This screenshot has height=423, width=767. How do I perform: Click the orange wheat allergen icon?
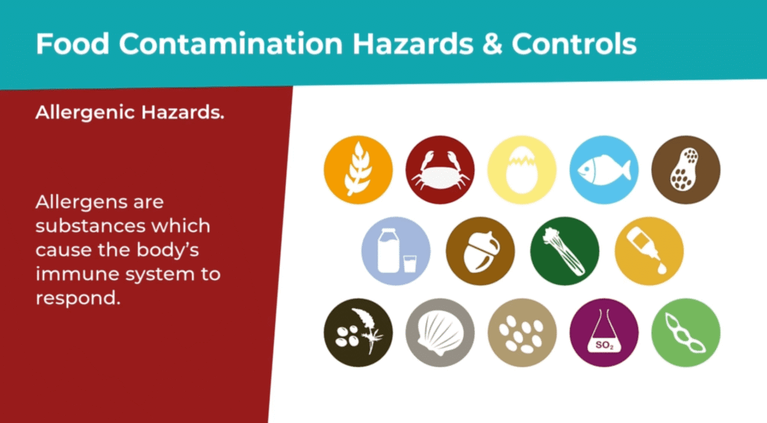pos(358,170)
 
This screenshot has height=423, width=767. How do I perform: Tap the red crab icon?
pos(440,170)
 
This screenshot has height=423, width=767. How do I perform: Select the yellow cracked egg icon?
pos(522,170)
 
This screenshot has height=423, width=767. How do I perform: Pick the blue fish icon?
pos(604,170)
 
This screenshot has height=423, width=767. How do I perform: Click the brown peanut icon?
pos(686,170)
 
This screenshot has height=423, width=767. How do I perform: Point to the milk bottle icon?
pos(396,251)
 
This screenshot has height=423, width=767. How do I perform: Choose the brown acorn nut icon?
pos(480,251)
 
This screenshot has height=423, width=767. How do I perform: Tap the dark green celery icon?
pos(565,251)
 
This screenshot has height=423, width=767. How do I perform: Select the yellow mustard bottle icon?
pos(649,251)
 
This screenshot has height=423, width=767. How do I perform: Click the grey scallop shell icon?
pos(440,333)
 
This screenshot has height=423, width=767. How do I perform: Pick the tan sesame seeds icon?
pos(522,333)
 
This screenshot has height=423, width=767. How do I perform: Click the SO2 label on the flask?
pos(604,345)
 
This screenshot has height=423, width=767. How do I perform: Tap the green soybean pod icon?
pos(686,333)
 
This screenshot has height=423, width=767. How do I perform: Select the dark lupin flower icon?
pos(358,333)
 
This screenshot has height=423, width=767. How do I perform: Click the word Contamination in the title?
pos(231,43)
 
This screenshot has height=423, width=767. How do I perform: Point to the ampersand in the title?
pos(493,43)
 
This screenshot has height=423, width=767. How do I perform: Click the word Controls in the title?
pos(575,43)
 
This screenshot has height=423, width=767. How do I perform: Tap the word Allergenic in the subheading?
pos(85,113)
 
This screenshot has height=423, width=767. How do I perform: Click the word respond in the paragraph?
pos(78,298)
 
